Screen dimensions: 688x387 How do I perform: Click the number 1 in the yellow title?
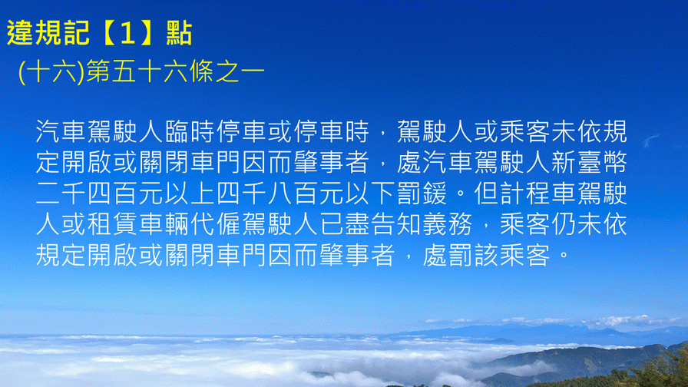[x=127, y=33]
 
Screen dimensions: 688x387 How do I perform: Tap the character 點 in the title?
[x=179, y=33]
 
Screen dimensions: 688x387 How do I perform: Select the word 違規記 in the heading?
[x=48, y=33]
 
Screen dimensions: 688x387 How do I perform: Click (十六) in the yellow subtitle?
[x=51, y=72]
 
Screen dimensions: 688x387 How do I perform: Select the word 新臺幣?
[x=589, y=162]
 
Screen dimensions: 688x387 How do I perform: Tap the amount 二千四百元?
[x=99, y=193]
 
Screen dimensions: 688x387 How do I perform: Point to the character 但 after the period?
[x=486, y=193]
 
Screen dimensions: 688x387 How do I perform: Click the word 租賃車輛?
[x=138, y=224]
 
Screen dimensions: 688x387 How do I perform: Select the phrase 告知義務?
[x=422, y=224]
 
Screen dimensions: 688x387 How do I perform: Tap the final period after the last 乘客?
[x=564, y=256]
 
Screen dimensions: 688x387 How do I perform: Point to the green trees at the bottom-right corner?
[x=658, y=371]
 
